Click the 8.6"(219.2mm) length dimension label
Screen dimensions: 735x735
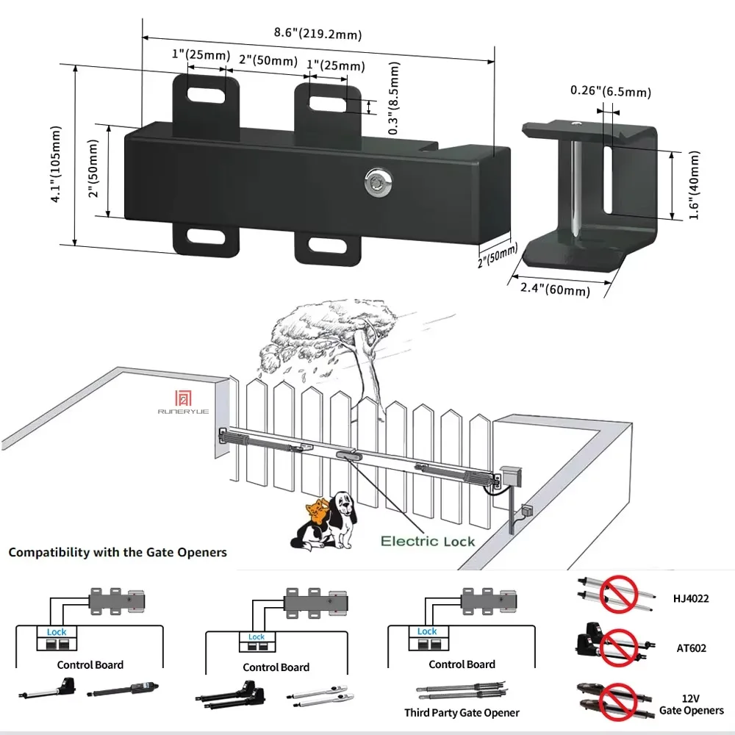click(x=318, y=33)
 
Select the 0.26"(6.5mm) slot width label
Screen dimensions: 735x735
click(x=611, y=92)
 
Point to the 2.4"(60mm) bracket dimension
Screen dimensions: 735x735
click(x=555, y=289)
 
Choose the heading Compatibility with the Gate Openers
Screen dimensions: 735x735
click(x=118, y=552)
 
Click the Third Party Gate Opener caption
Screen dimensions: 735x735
click(x=462, y=712)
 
